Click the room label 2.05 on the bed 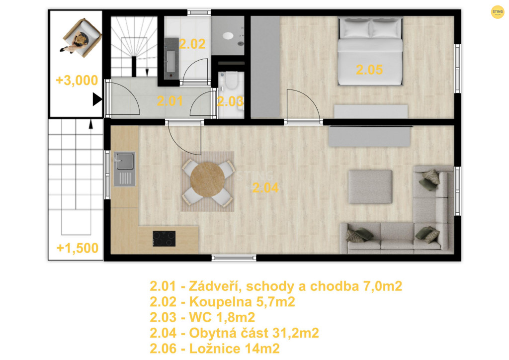tap(369, 70)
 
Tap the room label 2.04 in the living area tap(265, 188)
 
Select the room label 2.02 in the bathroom tap(192, 44)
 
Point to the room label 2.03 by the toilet tap(230, 101)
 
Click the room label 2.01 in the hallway tap(170, 101)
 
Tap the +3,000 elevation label tap(77, 80)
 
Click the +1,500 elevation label tap(78, 248)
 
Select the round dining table tap(207, 180)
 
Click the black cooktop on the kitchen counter tap(164, 239)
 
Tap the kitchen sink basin tap(125, 161)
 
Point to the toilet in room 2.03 tap(231, 81)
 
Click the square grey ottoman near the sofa tap(370, 186)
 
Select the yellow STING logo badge tap(498, 12)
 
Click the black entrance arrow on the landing tap(97, 99)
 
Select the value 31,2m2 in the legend tap(296, 333)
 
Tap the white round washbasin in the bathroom tap(228, 36)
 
